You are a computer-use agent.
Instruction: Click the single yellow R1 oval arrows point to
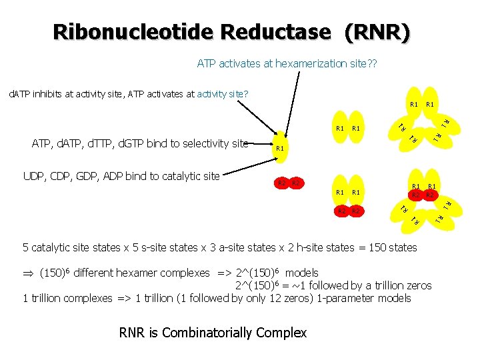coord(280,147)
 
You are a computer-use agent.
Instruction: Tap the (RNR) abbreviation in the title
coord(376,31)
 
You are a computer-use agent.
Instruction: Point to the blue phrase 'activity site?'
coord(223,94)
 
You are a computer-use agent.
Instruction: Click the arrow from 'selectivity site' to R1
coord(259,143)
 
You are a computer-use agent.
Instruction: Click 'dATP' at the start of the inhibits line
coord(19,94)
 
